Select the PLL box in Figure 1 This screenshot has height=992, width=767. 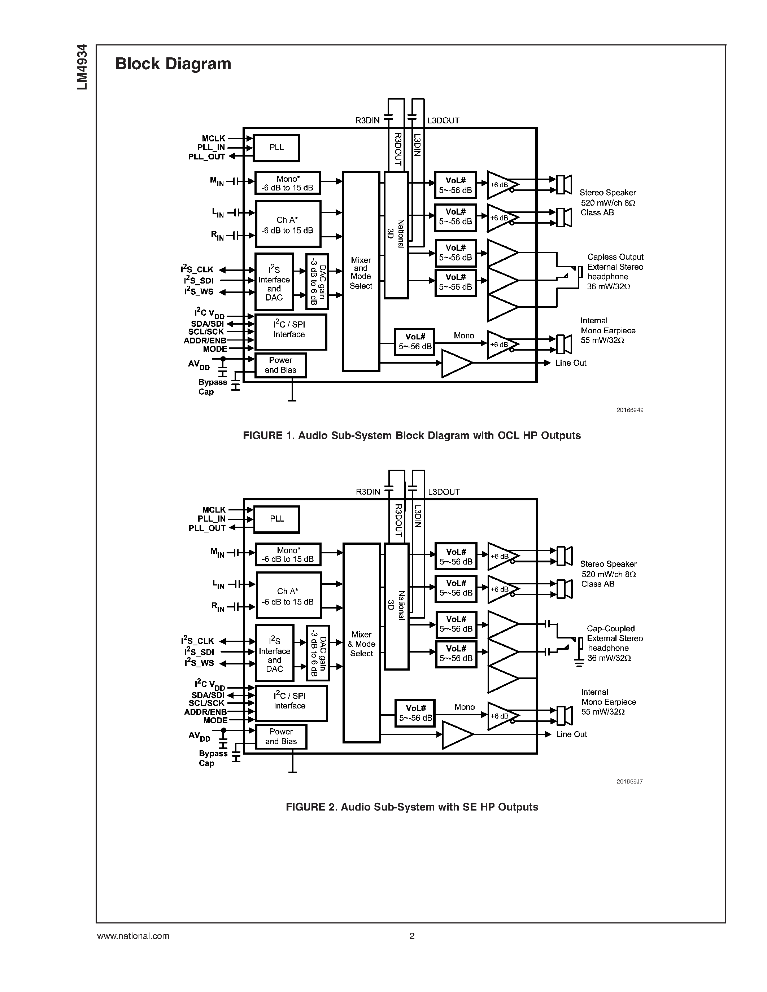pos(276,148)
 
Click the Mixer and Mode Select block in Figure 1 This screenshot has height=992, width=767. pos(361,272)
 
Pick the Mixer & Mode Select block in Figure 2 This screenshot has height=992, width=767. pos(361,644)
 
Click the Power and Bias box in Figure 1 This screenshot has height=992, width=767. pos(280,365)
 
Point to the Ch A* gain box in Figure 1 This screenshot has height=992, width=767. pos(288,224)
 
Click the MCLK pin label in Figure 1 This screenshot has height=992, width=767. pos(214,139)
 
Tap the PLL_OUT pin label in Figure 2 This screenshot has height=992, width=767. pos(207,528)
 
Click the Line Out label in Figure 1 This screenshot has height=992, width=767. pos(571,363)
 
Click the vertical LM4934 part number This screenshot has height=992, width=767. pos(82,67)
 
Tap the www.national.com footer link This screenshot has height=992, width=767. pos(133,936)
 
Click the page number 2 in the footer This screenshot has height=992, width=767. pos(412,936)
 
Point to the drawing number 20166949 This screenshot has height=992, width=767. pos(629,410)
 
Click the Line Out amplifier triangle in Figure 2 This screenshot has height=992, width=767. pos(456,734)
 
